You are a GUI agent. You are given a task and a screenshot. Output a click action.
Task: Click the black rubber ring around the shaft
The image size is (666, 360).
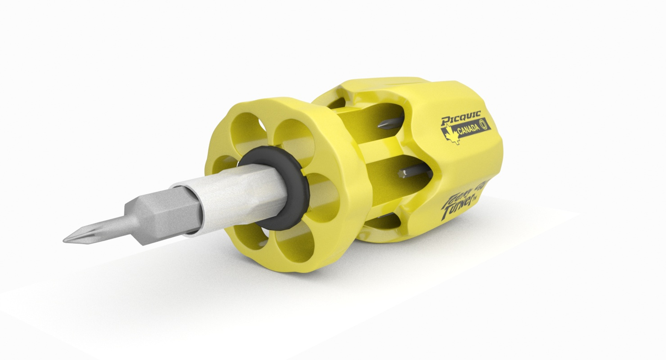(298, 208)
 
